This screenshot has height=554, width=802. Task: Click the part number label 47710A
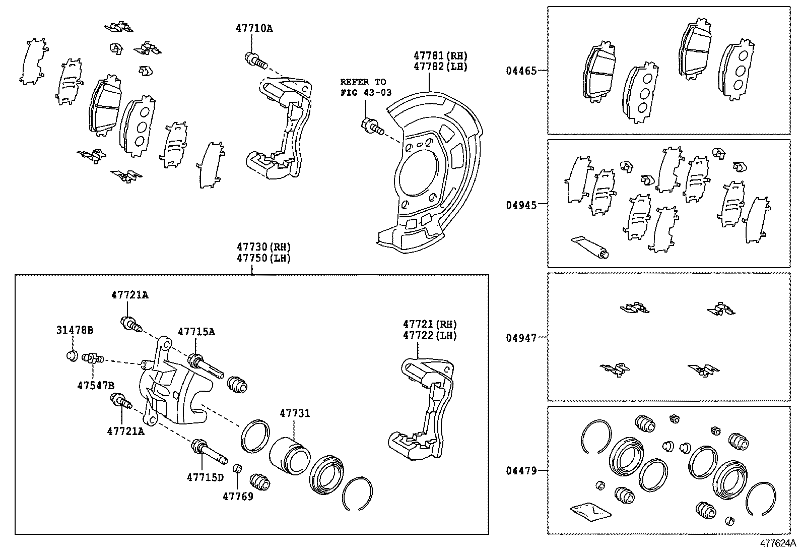(254, 29)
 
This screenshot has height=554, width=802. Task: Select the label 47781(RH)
(441, 55)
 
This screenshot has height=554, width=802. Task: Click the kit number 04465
(521, 71)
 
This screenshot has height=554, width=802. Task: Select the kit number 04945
(521, 205)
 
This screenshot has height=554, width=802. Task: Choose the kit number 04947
(521, 338)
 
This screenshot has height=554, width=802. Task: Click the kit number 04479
(521, 471)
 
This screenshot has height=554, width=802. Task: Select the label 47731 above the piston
(295, 414)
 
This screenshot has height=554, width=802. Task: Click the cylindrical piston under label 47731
(289, 455)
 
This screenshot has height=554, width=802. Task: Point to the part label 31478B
(75, 331)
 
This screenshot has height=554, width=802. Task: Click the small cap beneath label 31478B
(73, 356)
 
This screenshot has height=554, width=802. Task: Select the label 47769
(238, 497)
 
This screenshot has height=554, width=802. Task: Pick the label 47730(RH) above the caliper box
(264, 247)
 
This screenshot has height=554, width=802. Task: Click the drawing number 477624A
(777, 543)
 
